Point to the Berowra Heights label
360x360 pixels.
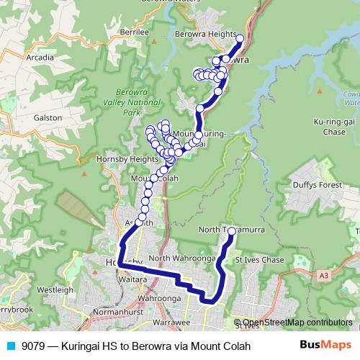205,34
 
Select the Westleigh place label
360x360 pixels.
55,289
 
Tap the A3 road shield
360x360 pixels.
323,275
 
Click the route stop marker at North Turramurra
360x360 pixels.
232,232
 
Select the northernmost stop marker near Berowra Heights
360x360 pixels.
240,39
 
